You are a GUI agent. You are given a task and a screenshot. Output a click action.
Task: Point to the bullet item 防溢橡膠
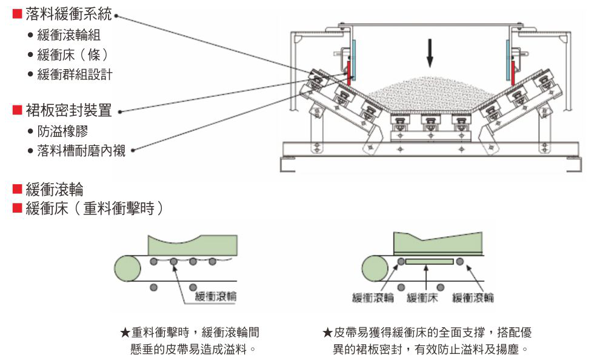[x=66, y=131]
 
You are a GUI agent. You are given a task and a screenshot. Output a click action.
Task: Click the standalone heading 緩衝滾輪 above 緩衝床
[x=54, y=189]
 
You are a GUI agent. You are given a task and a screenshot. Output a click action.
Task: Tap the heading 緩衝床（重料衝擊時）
[x=95, y=208]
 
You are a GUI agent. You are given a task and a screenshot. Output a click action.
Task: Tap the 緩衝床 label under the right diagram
[x=422, y=298]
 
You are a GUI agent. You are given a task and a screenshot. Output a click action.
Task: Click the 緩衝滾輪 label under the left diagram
[x=215, y=296]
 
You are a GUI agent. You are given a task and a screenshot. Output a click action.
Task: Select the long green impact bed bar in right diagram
[x=430, y=261]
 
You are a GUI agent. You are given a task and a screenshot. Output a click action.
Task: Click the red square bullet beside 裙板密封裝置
[x=18, y=110]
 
